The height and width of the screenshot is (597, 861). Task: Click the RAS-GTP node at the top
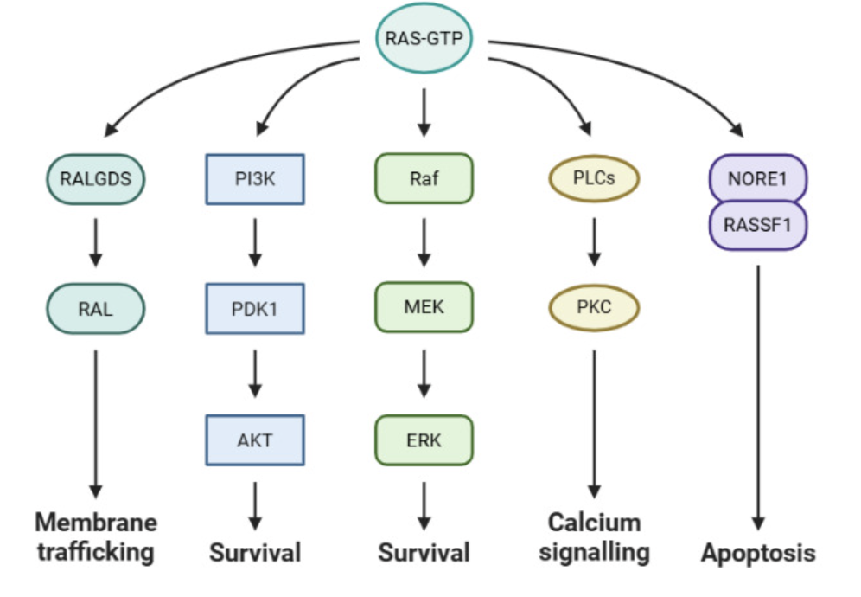424,38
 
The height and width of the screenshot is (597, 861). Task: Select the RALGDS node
96,179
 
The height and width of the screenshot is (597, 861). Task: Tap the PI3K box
255,179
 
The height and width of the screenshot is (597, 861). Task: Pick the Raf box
424,178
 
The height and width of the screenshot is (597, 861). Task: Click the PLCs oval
594,178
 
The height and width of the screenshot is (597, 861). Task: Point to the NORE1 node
758,178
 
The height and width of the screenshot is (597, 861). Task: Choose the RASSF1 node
758,225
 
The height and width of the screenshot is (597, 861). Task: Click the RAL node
96,308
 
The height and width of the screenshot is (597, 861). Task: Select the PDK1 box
255,308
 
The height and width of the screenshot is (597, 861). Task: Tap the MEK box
424,307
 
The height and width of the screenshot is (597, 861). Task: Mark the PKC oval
594,307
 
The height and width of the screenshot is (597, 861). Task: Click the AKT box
255,440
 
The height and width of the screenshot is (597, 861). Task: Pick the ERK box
424,440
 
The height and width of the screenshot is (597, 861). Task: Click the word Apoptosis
758,553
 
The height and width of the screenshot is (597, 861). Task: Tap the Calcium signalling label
594,537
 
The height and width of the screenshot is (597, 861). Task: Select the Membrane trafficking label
96,537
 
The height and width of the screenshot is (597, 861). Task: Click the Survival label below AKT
255,553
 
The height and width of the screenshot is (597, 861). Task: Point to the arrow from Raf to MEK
424,242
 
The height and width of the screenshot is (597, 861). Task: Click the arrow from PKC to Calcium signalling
594,424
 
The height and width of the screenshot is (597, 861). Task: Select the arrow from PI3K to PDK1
255,242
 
